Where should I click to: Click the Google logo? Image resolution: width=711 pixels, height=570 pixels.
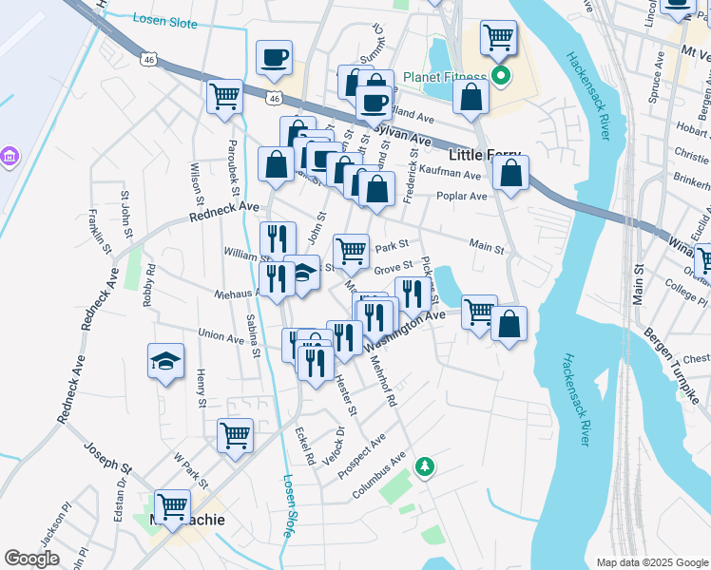coord(31,559)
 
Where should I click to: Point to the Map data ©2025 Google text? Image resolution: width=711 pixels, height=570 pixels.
coord(651,562)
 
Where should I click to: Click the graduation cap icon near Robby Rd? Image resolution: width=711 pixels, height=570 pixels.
coord(165,362)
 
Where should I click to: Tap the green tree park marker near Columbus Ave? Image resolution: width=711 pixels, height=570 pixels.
coord(426,465)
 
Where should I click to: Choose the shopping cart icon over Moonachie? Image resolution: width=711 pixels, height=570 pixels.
coord(172,506)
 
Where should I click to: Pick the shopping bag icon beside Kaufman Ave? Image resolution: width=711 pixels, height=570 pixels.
coord(510,174)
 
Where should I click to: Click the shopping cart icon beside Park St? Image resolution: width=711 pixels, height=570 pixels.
coord(351,252)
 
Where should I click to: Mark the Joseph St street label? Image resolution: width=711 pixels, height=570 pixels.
coord(106,456)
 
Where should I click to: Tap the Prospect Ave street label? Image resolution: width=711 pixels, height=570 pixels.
coord(361,458)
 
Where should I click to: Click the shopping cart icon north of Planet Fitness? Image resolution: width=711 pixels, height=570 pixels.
coord(498,38)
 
